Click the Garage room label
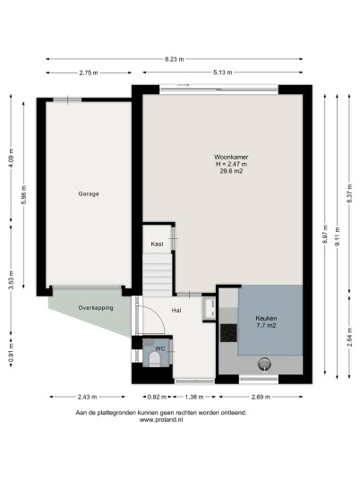[x=89, y=193]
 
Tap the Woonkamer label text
[x=231, y=157]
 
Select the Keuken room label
[x=266, y=319]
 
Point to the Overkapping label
[x=96, y=308]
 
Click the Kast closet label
[x=157, y=244]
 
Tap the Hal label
[x=176, y=311]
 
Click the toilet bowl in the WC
[x=154, y=359]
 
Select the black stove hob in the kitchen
[x=228, y=333]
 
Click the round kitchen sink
[x=264, y=364]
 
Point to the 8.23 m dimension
[x=175, y=59]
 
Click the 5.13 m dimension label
[x=223, y=73]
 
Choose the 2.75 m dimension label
[x=89, y=73]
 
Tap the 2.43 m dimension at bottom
[x=87, y=397]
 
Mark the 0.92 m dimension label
[x=157, y=397]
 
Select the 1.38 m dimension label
[x=194, y=397]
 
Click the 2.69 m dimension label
[x=261, y=397]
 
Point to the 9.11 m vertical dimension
[x=338, y=236]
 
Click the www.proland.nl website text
[x=161, y=420]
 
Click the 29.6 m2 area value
[x=231, y=171]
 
